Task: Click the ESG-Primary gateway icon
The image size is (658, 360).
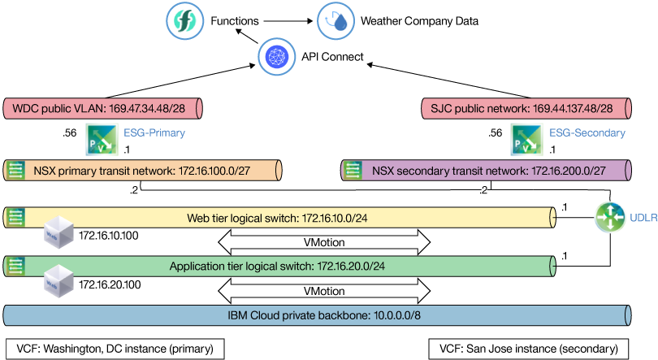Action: tap(102, 140)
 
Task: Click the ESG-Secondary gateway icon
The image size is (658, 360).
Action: tap(526, 140)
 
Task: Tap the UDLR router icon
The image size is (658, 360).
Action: tap(608, 217)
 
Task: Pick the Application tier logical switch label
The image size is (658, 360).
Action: tap(277, 266)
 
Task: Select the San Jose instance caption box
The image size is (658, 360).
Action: tap(529, 348)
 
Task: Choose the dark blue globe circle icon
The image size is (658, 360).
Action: tap(272, 56)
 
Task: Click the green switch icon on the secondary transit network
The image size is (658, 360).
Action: tap(352, 170)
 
